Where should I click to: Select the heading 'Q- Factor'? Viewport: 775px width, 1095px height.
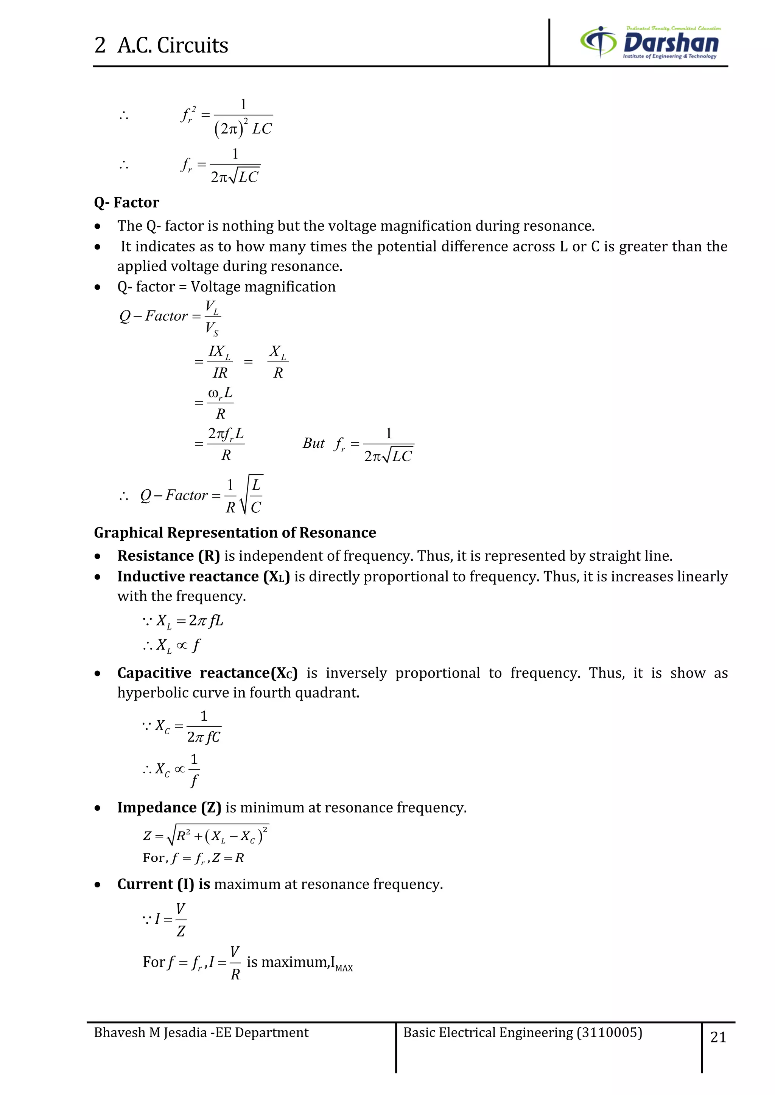pyautogui.click(x=126, y=203)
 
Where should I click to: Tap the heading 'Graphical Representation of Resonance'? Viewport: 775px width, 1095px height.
pyautogui.click(x=235, y=533)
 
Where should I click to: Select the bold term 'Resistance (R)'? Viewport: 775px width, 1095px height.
pyautogui.click(x=168, y=556)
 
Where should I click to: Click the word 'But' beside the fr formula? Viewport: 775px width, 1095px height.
pyautogui.click(x=313, y=444)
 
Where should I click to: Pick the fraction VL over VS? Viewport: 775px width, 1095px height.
pyautogui.click(x=212, y=317)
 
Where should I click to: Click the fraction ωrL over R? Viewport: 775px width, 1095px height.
pyautogui.click(x=220, y=403)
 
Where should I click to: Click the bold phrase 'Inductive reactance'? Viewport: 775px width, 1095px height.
pyautogui.click(x=188, y=577)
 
